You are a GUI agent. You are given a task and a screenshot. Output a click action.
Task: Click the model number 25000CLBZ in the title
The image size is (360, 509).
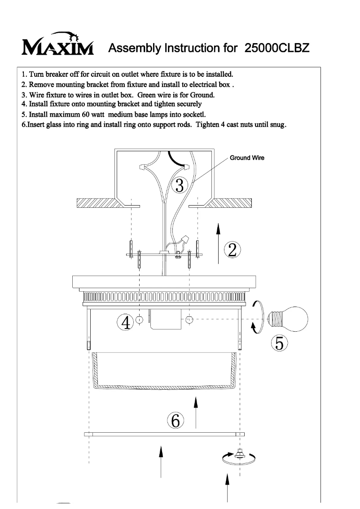pyautogui.click(x=277, y=48)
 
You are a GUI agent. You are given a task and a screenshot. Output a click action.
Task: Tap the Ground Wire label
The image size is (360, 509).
pyautogui.click(x=247, y=158)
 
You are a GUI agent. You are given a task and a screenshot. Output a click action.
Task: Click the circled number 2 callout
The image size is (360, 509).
pyautogui.click(x=232, y=250)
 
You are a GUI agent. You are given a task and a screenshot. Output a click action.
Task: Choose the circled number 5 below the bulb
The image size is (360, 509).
pyautogui.click(x=279, y=343)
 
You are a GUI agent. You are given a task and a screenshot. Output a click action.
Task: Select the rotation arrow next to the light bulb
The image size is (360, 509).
pyautogui.click(x=255, y=317)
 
